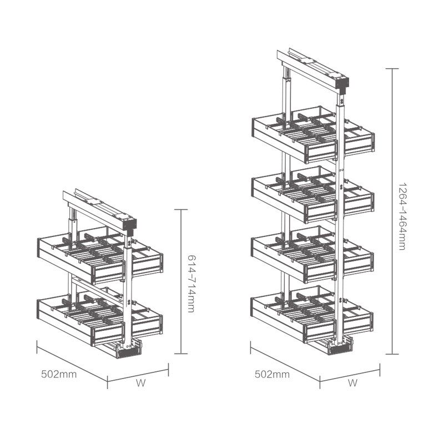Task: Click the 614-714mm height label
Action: (191, 284)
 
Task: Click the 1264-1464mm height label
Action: (402, 216)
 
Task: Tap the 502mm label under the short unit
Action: (59, 374)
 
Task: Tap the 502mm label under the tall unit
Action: (272, 374)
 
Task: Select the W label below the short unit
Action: (141, 383)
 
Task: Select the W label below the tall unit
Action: (352, 383)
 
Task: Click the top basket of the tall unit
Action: (313, 134)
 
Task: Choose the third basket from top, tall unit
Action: (312, 254)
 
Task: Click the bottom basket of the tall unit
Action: (312, 314)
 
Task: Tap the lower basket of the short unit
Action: (100, 316)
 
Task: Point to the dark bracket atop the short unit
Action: (130, 226)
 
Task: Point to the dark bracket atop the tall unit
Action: (342, 84)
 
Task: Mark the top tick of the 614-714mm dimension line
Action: (181, 210)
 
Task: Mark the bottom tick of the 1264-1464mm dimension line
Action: (392, 354)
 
